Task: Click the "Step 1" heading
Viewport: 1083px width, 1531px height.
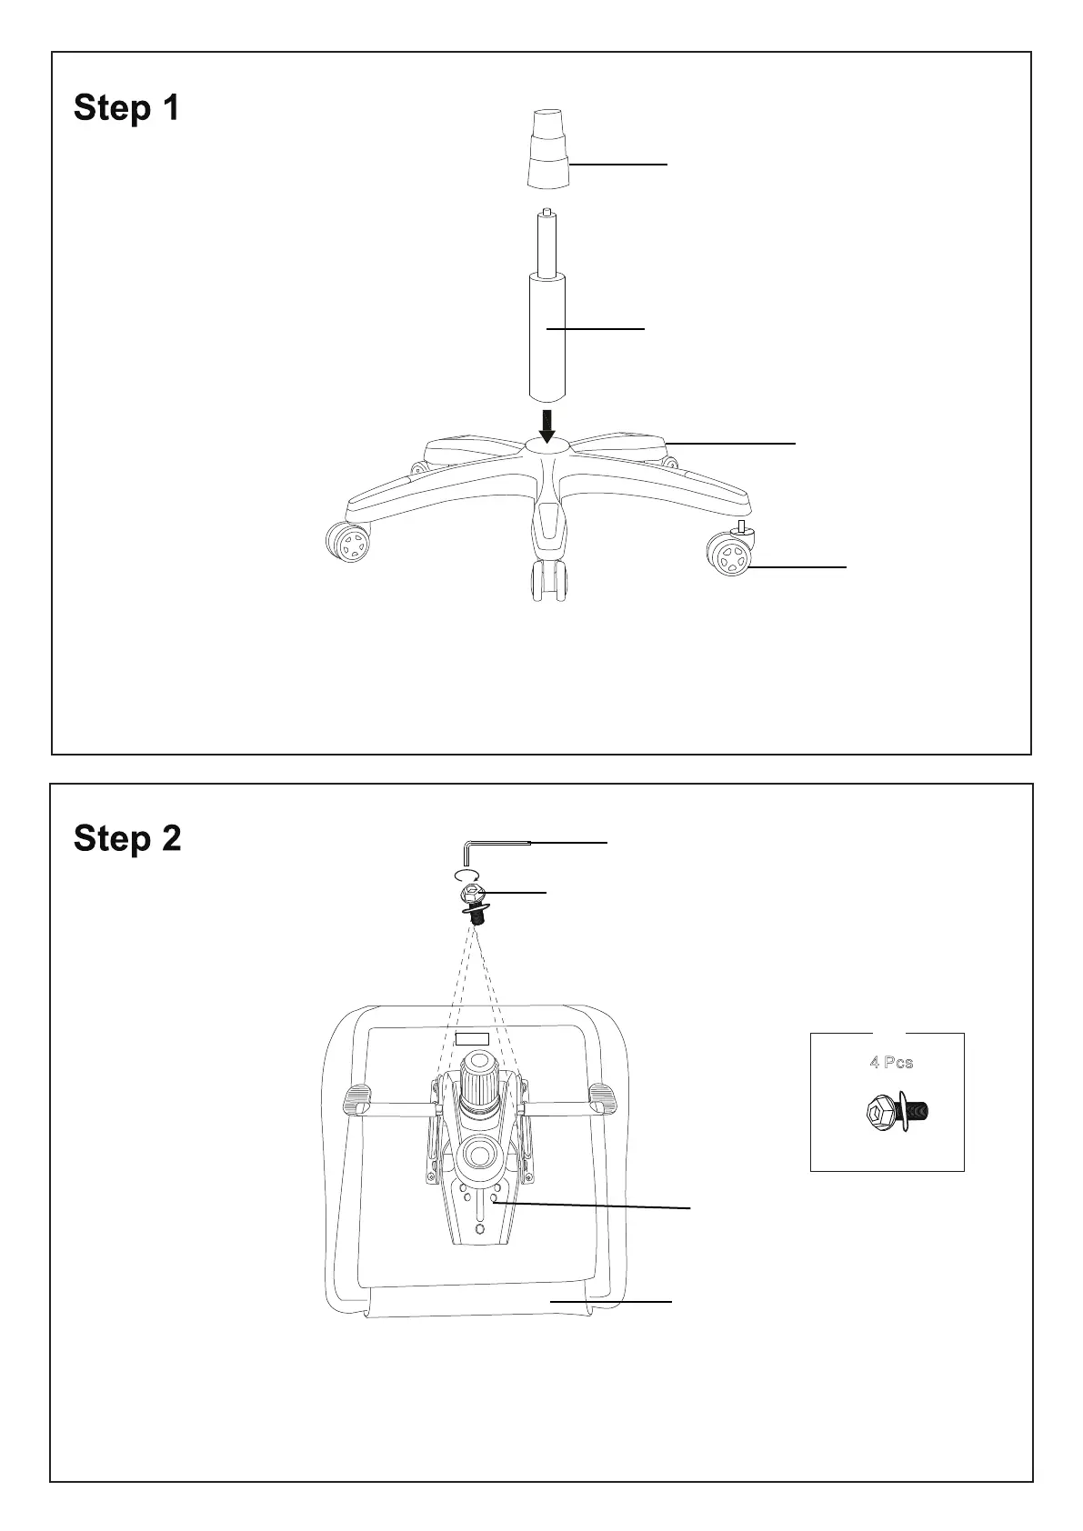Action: pos(126,108)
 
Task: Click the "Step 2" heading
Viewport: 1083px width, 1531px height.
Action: pos(127,838)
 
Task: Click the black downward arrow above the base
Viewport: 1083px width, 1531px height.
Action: pos(547,425)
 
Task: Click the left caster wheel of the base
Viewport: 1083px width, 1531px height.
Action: pos(348,544)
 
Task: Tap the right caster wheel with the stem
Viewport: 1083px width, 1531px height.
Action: pos(729,554)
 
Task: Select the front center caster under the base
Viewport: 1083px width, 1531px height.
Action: pos(548,581)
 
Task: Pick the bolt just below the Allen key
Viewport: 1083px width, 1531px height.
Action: pos(473,901)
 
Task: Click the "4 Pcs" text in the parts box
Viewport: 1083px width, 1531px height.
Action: pos(890,1062)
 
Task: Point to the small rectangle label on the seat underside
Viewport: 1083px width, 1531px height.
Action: pos(473,1038)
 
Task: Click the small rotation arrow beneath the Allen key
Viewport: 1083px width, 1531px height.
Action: pos(465,875)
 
